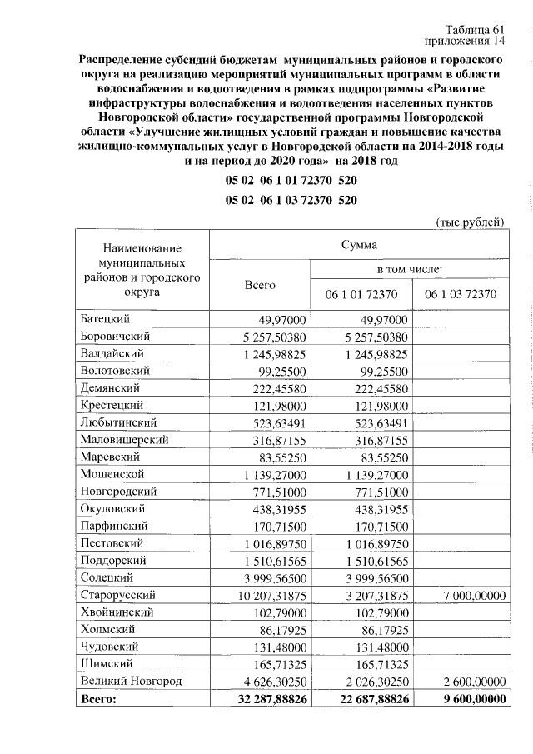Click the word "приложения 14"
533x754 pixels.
click(466, 41)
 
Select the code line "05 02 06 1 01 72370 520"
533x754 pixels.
click(291, 180)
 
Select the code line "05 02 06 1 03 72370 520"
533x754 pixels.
click(291, 201)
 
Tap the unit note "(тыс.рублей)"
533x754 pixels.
click(471, 222)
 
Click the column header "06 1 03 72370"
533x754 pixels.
click(461, 294)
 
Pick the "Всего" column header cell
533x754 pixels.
click(259, 283)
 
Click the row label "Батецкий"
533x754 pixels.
click(108, 320)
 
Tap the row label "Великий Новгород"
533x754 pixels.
click(132, 682)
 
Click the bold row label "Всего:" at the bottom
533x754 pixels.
click(99, 699)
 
